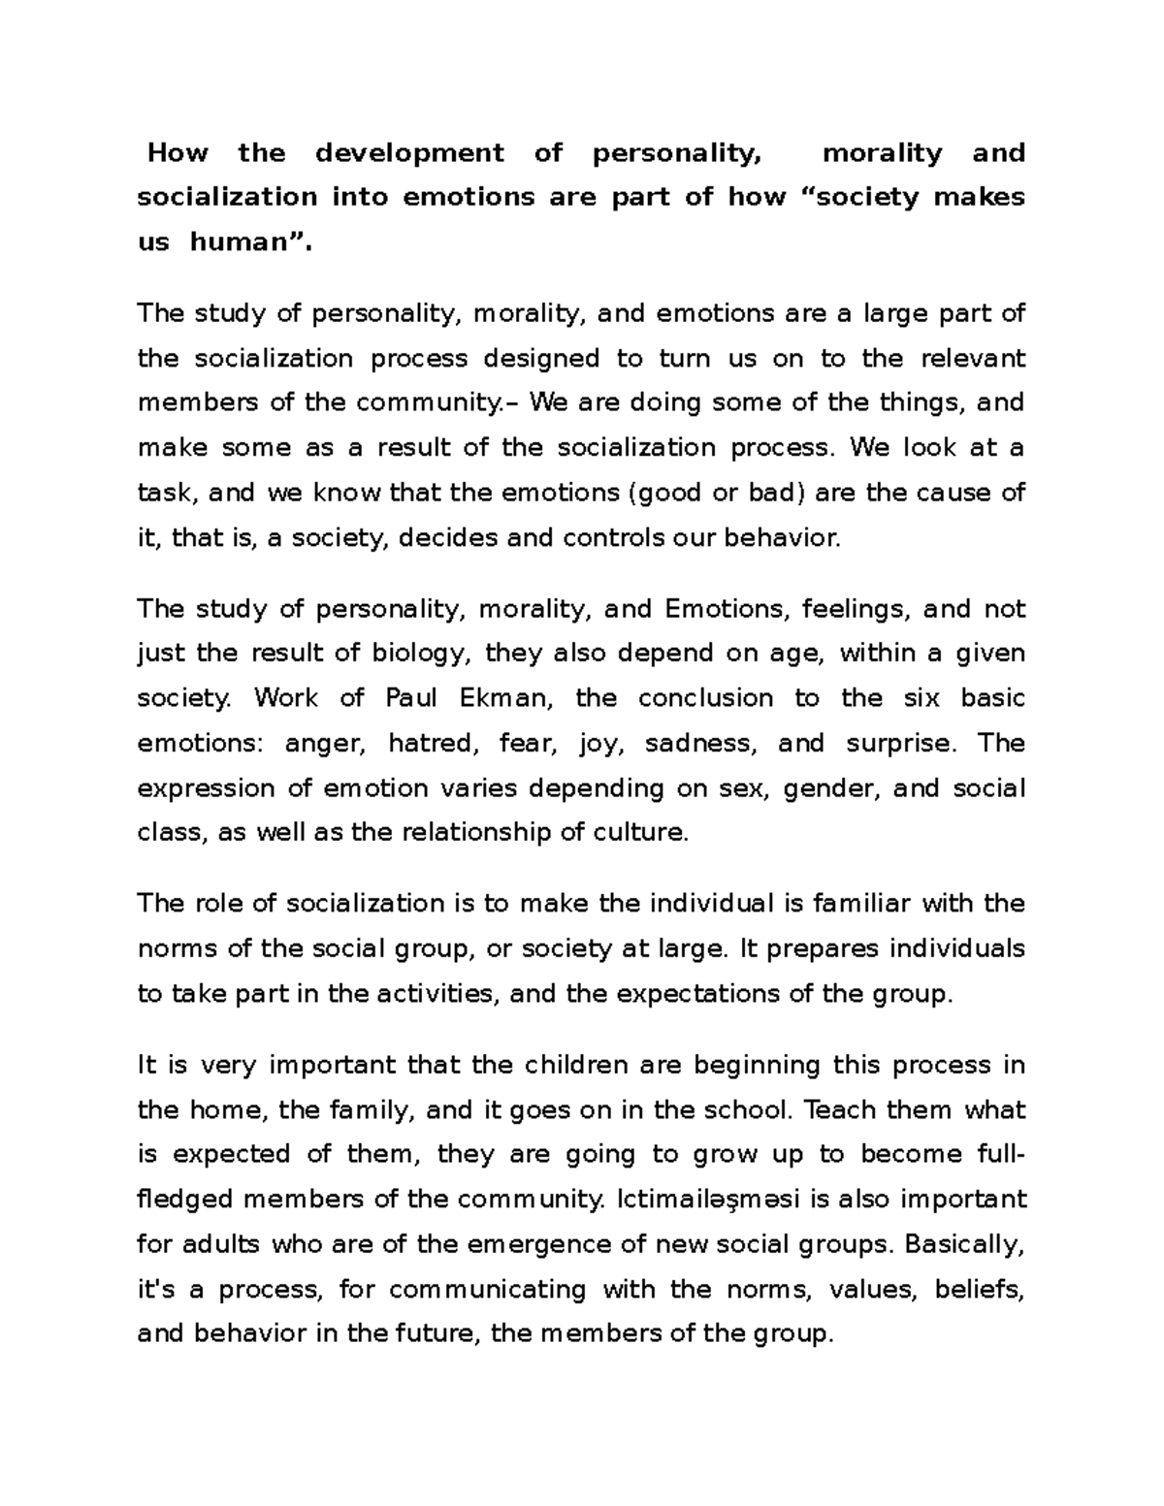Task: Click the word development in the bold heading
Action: tap(409, 153)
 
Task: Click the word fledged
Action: tap(184, 1200)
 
